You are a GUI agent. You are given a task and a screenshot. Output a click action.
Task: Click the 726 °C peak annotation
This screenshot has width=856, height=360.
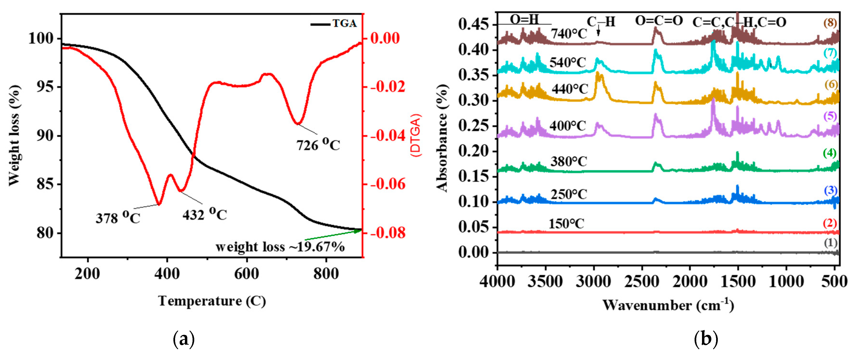click(318, 145)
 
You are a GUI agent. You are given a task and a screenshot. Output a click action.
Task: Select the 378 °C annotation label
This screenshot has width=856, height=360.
click(118, 218)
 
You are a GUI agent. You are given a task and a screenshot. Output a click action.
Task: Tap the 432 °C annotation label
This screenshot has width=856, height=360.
click(204, 215)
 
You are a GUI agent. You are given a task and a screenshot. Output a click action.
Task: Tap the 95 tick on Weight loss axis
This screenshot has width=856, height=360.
click(45, 87)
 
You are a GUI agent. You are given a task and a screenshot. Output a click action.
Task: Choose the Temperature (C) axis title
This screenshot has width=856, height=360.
click(212, 301)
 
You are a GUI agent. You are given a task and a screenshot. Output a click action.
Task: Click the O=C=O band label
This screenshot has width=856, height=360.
click(659, 21)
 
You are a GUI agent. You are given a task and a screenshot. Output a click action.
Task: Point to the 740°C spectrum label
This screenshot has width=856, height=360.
click(569, 34)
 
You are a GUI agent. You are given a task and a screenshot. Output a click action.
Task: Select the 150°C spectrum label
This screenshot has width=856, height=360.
click(566, 224)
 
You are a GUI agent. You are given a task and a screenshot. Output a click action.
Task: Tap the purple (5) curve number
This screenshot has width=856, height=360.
click(830, 116)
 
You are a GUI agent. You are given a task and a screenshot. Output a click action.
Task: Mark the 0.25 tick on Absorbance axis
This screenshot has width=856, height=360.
click(474, 126)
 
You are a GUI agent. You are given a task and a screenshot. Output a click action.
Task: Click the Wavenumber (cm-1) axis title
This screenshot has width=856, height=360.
click(668, 305)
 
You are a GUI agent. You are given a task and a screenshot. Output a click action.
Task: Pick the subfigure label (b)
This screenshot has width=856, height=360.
click(706, 339)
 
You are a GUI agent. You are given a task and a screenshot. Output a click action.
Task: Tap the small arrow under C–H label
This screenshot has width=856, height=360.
click(599, 32)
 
